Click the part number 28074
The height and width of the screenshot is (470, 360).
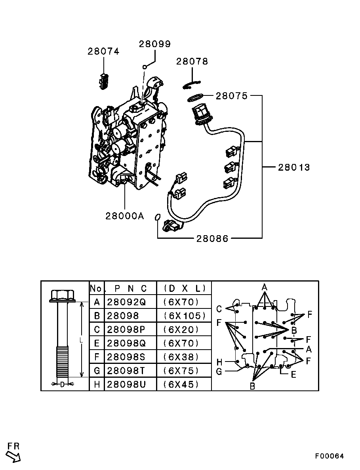coord(103,51)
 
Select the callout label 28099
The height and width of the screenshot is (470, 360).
coord(154,44)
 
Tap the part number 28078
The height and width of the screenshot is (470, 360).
coord(192,61)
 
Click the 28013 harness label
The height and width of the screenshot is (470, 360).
coord(293,167)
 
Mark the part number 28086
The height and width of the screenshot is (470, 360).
coord(212,238)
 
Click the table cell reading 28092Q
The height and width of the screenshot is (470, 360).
coord(126,302)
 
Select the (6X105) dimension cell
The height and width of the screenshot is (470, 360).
coord(184,316)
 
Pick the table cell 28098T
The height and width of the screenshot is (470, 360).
coord(126,371)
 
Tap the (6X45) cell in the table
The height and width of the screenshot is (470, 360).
coord(181,384)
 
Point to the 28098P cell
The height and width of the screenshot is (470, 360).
coord(126,329)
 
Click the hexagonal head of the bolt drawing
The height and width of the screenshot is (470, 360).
coord(62,295)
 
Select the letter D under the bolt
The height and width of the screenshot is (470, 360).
coord(62,384)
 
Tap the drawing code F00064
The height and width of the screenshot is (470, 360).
coord(330,456)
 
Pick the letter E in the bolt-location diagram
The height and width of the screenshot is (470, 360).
coord(293,374)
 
